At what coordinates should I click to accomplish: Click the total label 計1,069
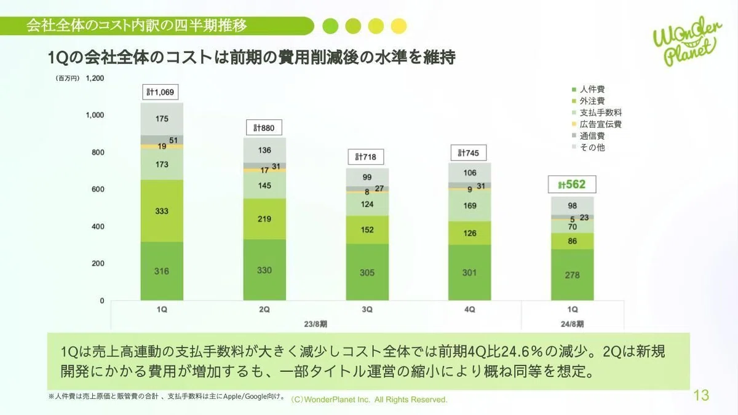click(x=161, y=92)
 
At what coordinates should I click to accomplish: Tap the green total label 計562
click(x=572, y=184)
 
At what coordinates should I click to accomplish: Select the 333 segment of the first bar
click(x=162, y=211)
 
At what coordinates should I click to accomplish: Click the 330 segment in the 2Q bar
click(x=264, y=270)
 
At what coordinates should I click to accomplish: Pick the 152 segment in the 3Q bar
click(x=367, y=229)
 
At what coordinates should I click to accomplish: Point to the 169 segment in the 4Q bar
click(x=469, y=205)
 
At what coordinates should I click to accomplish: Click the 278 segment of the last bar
click(x=573, y=275)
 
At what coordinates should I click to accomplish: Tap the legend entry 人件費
click(x=589, y=89)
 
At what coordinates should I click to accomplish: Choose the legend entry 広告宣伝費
click(x=597, y=124)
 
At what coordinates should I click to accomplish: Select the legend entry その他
click(x=589, y=148)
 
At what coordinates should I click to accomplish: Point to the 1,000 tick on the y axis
click(x=95, y=115)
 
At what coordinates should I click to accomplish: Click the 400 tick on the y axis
click(x=98, y=226)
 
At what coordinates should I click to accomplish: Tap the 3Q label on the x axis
click(x=367, y=309)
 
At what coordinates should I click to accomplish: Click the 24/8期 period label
click(x=573, y=324)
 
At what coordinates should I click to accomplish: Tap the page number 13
click(x=701, y=395)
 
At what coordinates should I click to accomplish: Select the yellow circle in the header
click(x=399, y=26)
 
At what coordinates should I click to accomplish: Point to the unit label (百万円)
click(x=68, y=79)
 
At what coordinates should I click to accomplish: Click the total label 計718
click(x=366, y=157)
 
